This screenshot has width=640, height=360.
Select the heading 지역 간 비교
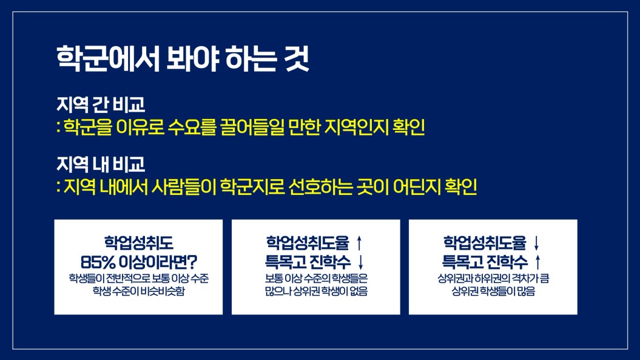coord(101,104)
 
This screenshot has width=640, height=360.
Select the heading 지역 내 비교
coord(101,165)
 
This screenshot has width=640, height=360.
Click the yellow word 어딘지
coord(417,187)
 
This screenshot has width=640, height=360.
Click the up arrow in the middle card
coord(359,243)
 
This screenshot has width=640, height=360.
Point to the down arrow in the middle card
coord(360,262)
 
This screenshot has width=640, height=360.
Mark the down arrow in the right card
coord(536,243)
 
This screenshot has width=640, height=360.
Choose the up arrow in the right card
coord(538,262)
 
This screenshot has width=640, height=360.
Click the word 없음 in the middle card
coord(359,291)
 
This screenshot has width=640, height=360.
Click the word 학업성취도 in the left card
coord(139,243)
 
